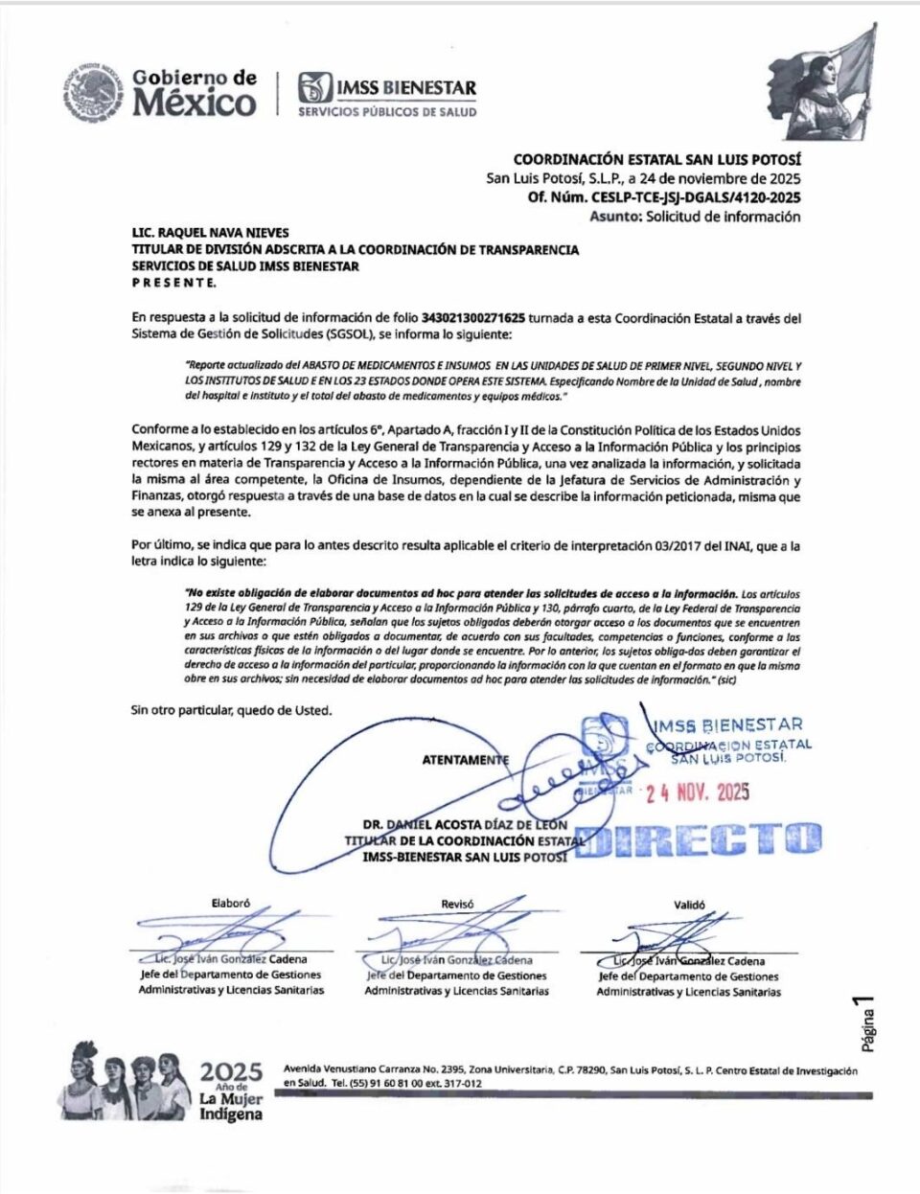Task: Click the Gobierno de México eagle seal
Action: tap(94, 93)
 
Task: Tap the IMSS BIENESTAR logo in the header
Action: tap(386, 94)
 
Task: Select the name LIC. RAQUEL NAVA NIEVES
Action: tap(210, 233)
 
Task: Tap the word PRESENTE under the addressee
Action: tap(173, 283)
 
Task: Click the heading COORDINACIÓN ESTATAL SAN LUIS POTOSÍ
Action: tap(656, 160)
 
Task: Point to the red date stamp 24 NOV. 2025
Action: tap(697, 792)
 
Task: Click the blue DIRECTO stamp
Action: tap(698, 840)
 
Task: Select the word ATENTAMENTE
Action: tap(465, 760)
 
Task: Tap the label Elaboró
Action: tap(230, 903)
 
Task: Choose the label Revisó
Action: tap(457, 904)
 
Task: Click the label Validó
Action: tap(689, 905)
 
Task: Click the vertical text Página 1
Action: tap(866, 1022)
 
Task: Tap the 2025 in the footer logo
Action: tap(231, 1071)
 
